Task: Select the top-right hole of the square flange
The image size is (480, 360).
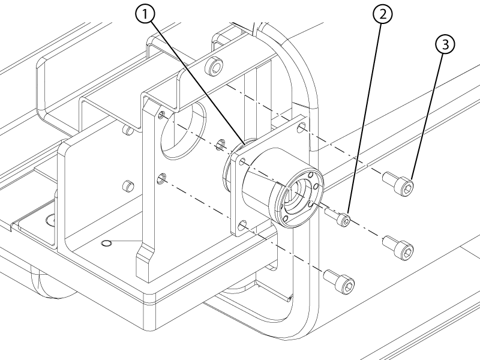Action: coord(302,127)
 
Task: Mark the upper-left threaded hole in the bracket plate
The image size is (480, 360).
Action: coord(163,116)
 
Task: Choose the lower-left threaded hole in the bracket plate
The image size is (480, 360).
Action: coord(161,178)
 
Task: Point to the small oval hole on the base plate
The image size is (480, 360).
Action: coord(107,243)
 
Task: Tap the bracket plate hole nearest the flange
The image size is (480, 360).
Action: coord(220,144)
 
